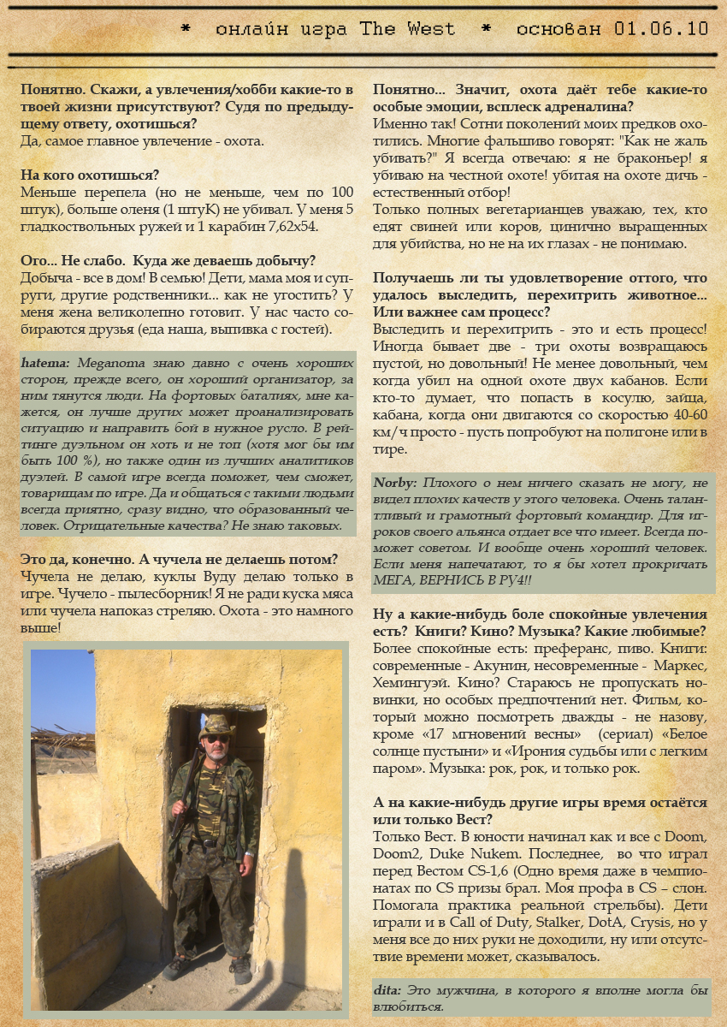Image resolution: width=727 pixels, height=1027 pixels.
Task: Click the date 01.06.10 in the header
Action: click(661, 28)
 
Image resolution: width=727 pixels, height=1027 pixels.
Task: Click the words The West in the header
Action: click(407, 28)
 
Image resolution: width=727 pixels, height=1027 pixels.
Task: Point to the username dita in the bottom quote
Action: click(387, 989)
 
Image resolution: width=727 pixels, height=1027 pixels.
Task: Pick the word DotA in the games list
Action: click(604, 923)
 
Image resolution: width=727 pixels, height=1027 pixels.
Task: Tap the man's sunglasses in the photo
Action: click(217, 738)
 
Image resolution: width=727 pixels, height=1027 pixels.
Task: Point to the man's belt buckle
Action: click(206, 843)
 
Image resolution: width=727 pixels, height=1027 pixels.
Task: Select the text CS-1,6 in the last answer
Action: click(479, 871)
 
